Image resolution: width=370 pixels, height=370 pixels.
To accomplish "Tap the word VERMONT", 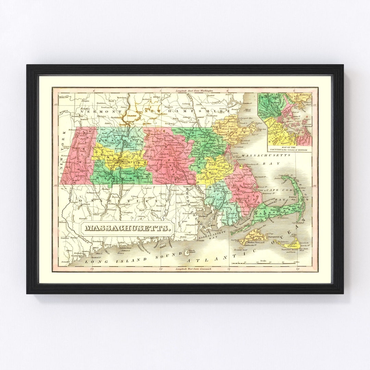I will [101, 112].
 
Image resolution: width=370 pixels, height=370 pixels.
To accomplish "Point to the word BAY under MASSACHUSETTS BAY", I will [267, 163].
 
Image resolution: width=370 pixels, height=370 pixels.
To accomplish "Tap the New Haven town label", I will [98, 242].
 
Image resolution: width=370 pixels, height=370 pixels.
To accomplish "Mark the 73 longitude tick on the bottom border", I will [91, 269].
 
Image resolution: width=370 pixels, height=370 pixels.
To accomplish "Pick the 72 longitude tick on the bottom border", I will [161, 269].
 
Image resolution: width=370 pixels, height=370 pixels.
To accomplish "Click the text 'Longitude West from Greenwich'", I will [194, 269].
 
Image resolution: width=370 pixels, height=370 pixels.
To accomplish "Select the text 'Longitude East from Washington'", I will [194, 91].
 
